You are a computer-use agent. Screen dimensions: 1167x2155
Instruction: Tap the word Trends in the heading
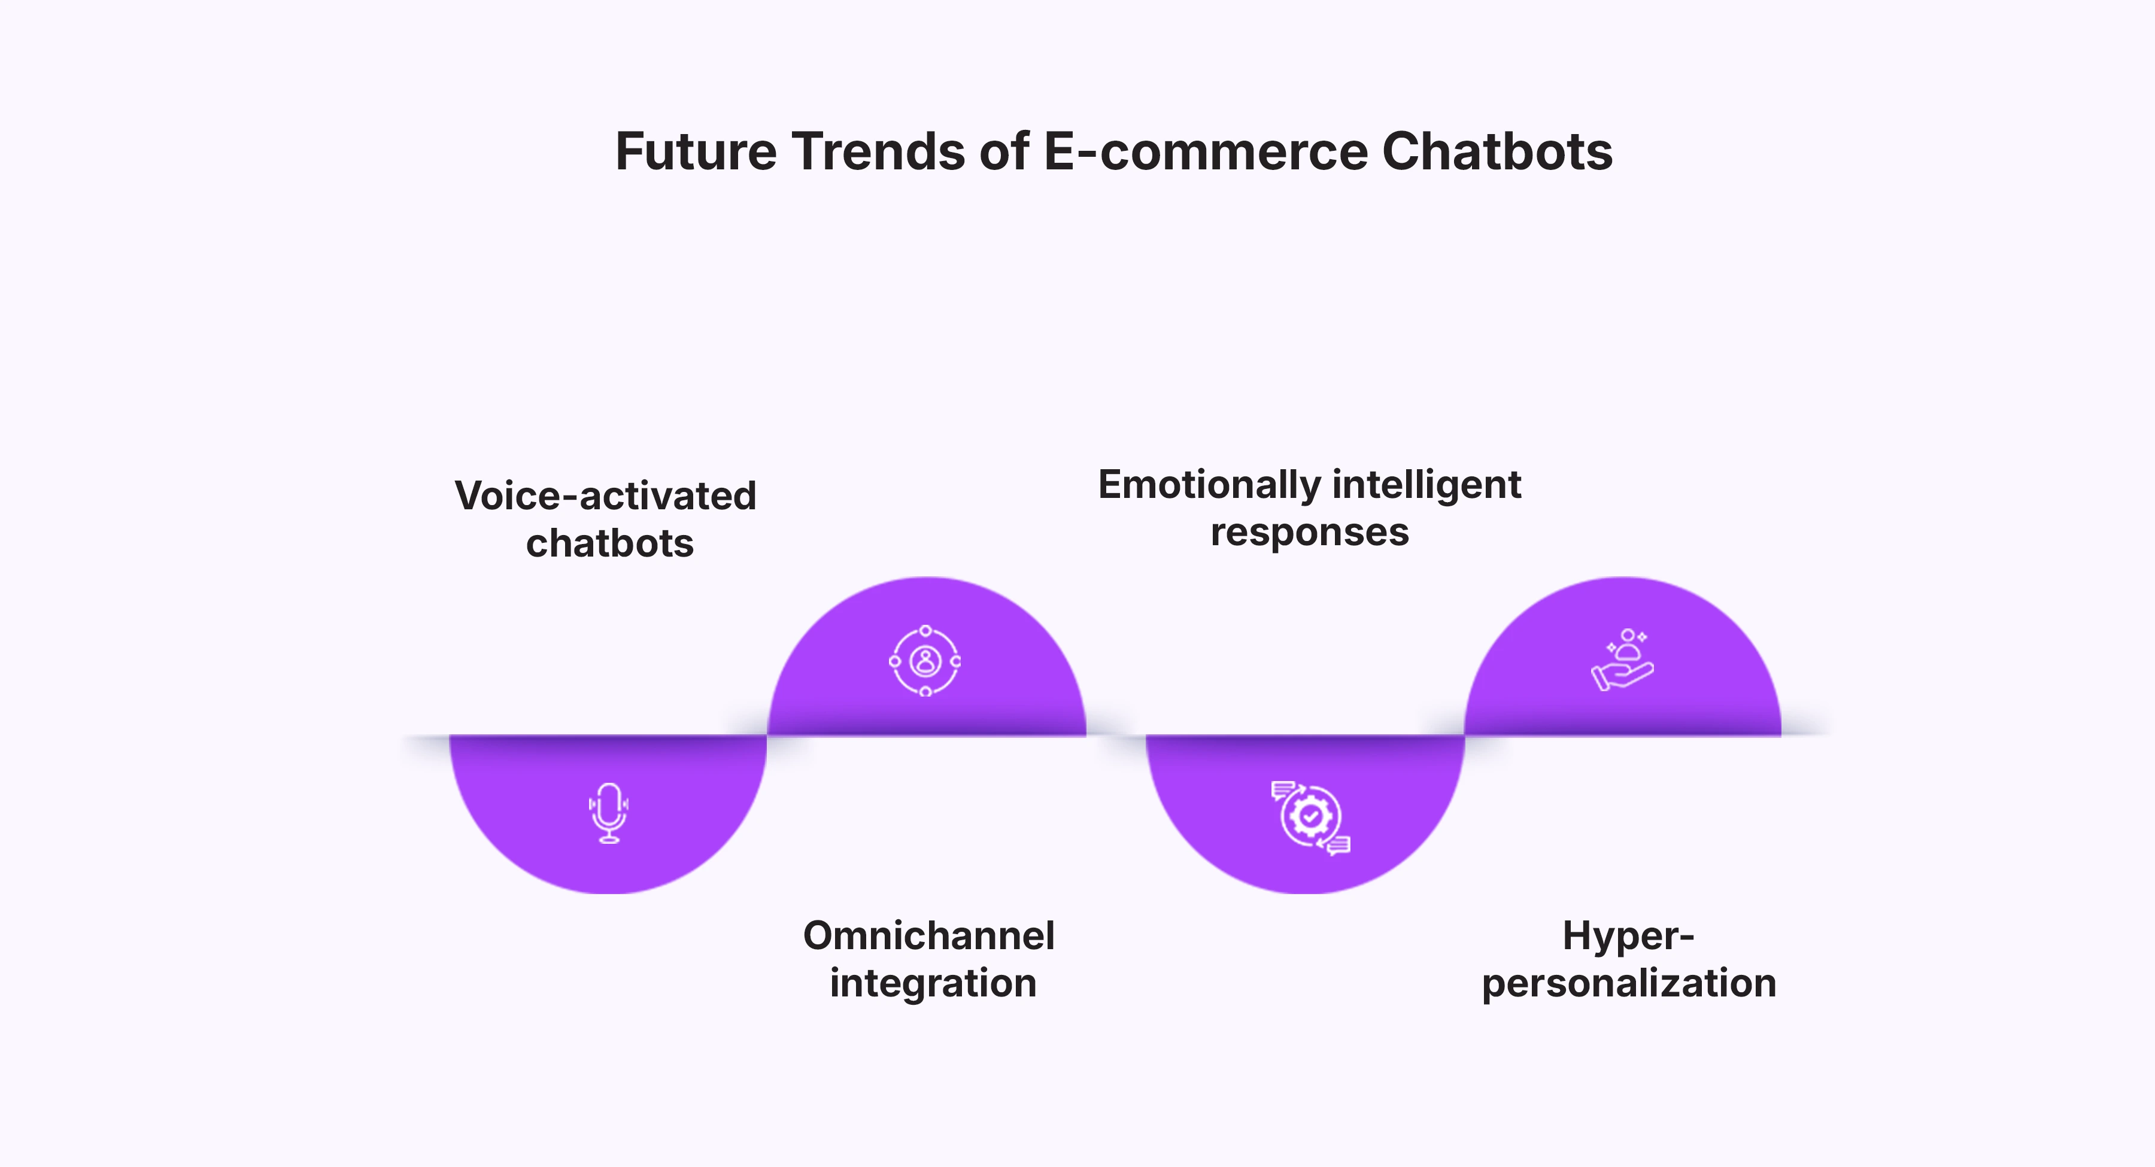pos(878,152)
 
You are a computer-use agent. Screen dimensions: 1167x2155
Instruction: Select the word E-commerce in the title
pos(1204,152)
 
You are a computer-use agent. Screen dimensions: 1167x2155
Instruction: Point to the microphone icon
pos(609,812)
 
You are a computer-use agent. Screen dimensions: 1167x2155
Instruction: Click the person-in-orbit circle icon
pos(925,661)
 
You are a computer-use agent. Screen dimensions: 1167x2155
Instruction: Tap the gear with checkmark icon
pos(1310,816)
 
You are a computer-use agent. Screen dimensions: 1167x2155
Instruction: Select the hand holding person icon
pos(1622,660)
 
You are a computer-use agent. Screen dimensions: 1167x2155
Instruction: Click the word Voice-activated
pos(606,496)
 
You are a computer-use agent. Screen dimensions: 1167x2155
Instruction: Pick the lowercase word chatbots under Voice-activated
pos(610,544)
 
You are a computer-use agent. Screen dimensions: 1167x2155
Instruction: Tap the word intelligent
pos(1427,485)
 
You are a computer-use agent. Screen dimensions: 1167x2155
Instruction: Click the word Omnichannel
pos(928,935)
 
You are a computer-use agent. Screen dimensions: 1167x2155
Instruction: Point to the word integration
pos(933,983)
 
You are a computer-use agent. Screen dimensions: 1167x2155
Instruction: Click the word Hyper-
pos(1628,935)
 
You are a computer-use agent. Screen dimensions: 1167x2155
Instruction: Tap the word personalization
pos(1629,983)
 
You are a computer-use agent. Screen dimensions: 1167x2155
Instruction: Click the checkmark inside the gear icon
pos(1311,815)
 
